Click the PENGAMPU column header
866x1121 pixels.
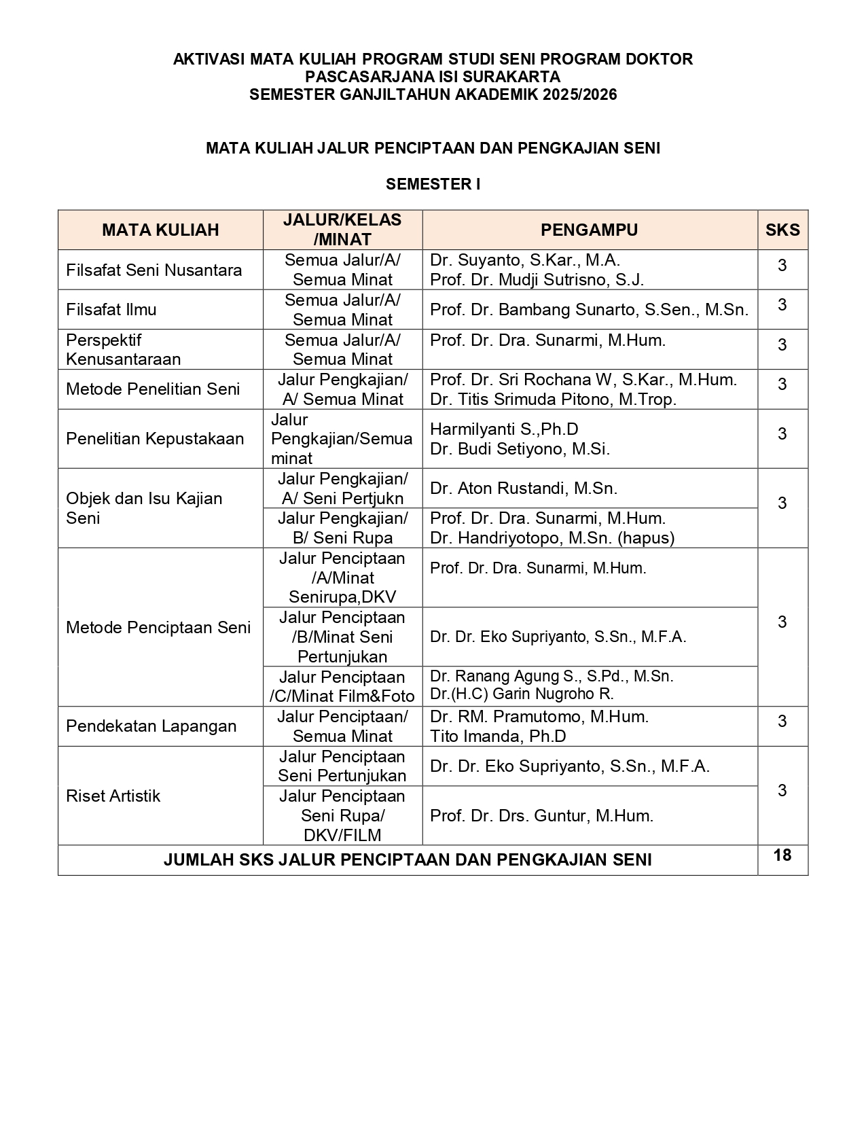(589, 230)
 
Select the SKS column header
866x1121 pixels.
(782, 230)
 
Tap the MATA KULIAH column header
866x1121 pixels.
(160, 230)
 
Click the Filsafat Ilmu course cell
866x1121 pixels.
(111, 310)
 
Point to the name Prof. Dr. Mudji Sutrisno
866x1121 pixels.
(537, 279)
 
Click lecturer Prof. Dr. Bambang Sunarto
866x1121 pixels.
(589, 310)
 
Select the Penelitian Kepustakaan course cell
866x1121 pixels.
(155, 439)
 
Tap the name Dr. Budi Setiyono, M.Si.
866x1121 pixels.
(520, 448)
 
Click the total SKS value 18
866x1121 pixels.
(782, 855)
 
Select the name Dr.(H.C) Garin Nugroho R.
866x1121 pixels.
(522, 694)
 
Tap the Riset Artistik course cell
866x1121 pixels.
(113, 796)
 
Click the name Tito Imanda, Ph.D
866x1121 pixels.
(498, 736)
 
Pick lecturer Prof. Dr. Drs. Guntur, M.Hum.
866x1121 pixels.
(541, 816)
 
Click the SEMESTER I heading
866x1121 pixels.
(433, 184)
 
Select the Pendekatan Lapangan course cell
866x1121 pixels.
(151, 726)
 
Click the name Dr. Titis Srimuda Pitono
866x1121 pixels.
(553, 399)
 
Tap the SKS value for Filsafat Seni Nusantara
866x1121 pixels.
(782, 265)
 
